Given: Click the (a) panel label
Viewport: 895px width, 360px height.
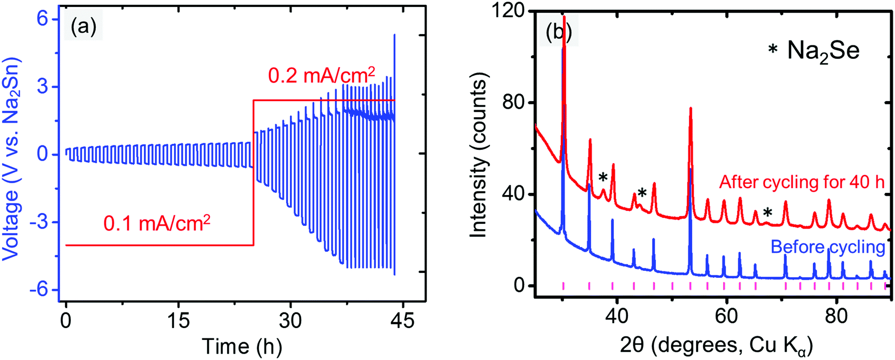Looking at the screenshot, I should pyautogui.click(x=83, y=26).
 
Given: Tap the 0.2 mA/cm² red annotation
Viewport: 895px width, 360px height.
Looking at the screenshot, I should pyautogui.click(x=321, y=75).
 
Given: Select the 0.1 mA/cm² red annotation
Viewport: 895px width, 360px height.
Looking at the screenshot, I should pyautogui.click(x=156, y=223).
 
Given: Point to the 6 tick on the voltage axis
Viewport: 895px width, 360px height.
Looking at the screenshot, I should pyautogui.click(x=42, y=19).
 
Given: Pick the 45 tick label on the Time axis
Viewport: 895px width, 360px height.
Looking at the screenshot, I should pyautogui.click(x=402, y=321).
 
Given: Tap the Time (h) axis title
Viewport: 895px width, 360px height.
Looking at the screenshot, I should pyautogui.click(x=242, y=346).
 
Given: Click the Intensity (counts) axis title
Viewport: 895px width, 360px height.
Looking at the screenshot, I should pyautogui.click(x=479, y=155).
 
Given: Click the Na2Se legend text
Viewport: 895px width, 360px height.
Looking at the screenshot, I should pyautogui.click(x=822, y=51).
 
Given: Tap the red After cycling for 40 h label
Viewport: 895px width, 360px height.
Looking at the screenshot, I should pyautogui.click(x=801, y=182).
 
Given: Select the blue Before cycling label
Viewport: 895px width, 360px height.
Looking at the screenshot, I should pyautogui.click(x=827, y=247).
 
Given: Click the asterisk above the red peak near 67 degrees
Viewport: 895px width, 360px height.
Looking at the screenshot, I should pyautogui.click(x=767, y=212).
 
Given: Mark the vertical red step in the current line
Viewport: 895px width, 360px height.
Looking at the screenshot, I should pyautogui.click(x=253, y=173).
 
